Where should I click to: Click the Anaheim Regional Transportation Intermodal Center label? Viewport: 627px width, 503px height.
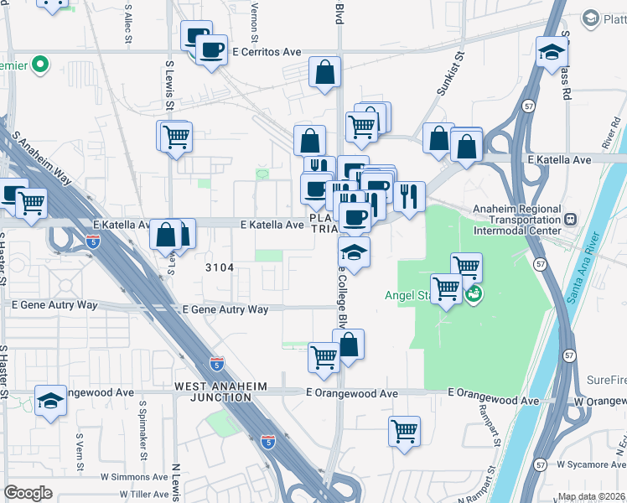pos(518,220)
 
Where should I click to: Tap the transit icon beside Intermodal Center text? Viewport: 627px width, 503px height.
pos(571,220)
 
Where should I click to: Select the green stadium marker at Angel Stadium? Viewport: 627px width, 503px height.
pos(474,293)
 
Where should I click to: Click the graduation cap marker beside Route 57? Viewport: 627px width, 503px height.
pos(552,52)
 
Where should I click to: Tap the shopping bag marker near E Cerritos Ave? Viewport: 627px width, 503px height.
pos(324,72)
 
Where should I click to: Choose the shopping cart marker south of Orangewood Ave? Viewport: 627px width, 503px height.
pos(404,432)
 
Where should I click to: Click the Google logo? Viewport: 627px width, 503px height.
pos(28,493)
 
